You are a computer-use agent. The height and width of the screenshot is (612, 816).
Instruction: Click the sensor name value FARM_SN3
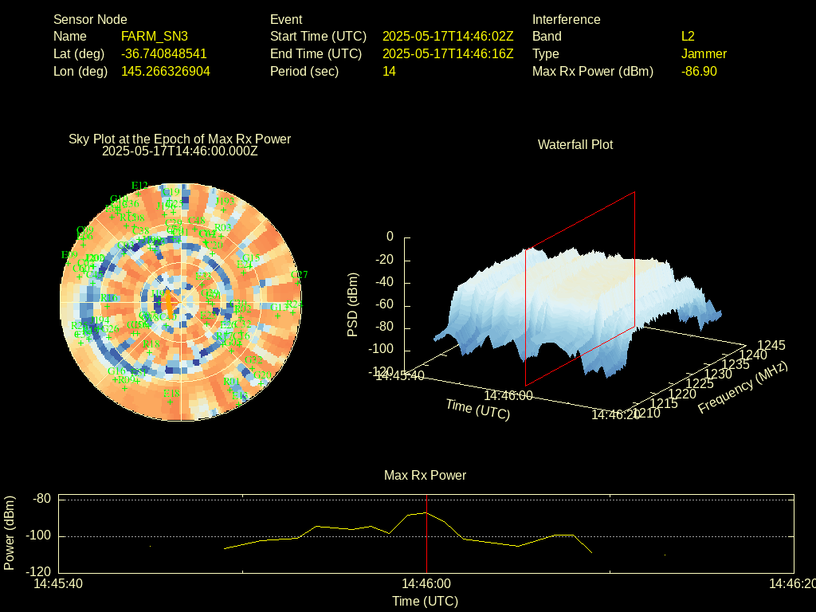coord(155,36)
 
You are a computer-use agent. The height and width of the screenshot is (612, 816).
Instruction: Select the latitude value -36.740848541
coord(164,53)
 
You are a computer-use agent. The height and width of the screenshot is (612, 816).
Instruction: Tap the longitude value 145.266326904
coord(166,71)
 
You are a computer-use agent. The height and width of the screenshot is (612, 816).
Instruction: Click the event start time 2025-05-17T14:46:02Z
coord(448,36)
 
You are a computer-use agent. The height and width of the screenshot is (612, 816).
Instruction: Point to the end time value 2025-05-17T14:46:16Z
coord(448,53)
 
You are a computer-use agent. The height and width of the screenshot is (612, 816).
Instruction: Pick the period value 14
coord(389,71)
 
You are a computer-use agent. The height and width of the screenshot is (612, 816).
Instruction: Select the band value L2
coord(688,36)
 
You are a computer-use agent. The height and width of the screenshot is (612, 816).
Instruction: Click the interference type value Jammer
coord(704,53)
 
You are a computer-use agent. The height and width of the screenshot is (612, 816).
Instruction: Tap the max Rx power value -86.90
coord(699,71)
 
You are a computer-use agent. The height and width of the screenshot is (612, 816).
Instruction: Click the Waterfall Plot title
coord(575,144)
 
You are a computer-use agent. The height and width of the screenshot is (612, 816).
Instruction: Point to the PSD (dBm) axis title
coord(353,304)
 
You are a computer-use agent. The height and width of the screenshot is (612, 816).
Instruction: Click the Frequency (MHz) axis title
coord(743,388)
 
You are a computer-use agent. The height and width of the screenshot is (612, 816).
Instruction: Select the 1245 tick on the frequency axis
coord(771,345)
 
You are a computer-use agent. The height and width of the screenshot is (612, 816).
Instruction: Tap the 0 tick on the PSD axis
coord(390,237)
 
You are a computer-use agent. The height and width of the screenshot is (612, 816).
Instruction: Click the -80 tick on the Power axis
coord(41,499)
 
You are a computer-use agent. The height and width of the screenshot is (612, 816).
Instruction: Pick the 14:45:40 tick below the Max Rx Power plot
coord(57,584)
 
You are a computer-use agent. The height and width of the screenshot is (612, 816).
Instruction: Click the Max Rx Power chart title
coord(425,475)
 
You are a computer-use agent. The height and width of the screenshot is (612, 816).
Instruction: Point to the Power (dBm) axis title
coord(10,532)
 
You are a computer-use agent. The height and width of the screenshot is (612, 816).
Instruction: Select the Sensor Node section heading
coord(90,19)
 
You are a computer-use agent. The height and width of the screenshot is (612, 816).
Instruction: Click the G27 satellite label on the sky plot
coord(299,275)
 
